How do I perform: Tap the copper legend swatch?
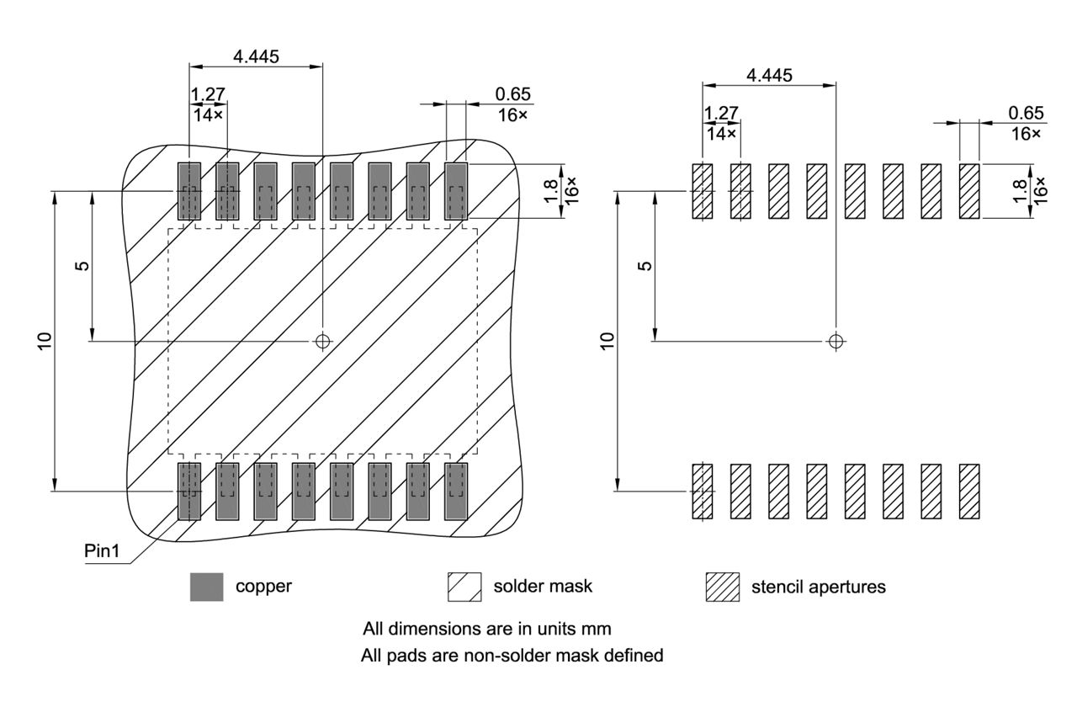point(207,587)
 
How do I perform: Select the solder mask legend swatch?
point(464,587)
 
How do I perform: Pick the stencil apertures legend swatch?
point(722,587)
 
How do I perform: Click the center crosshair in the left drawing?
point(322,341)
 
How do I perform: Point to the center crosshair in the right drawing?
point(835,341)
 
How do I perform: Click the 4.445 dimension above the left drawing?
point(257,56)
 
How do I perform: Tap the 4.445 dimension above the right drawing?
point(769,75)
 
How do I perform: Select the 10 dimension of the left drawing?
point(45,341)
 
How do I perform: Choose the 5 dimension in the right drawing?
point(645,266)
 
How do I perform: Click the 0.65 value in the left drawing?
point(513,94)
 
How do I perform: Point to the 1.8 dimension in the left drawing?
point(549,191)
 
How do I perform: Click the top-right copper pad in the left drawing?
point(455,192)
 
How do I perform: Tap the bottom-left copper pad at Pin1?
point(188,491)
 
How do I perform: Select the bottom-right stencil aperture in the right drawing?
point(969,491)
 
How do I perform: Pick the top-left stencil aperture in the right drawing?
point(702,192)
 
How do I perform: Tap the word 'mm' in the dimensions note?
point(623,629)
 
